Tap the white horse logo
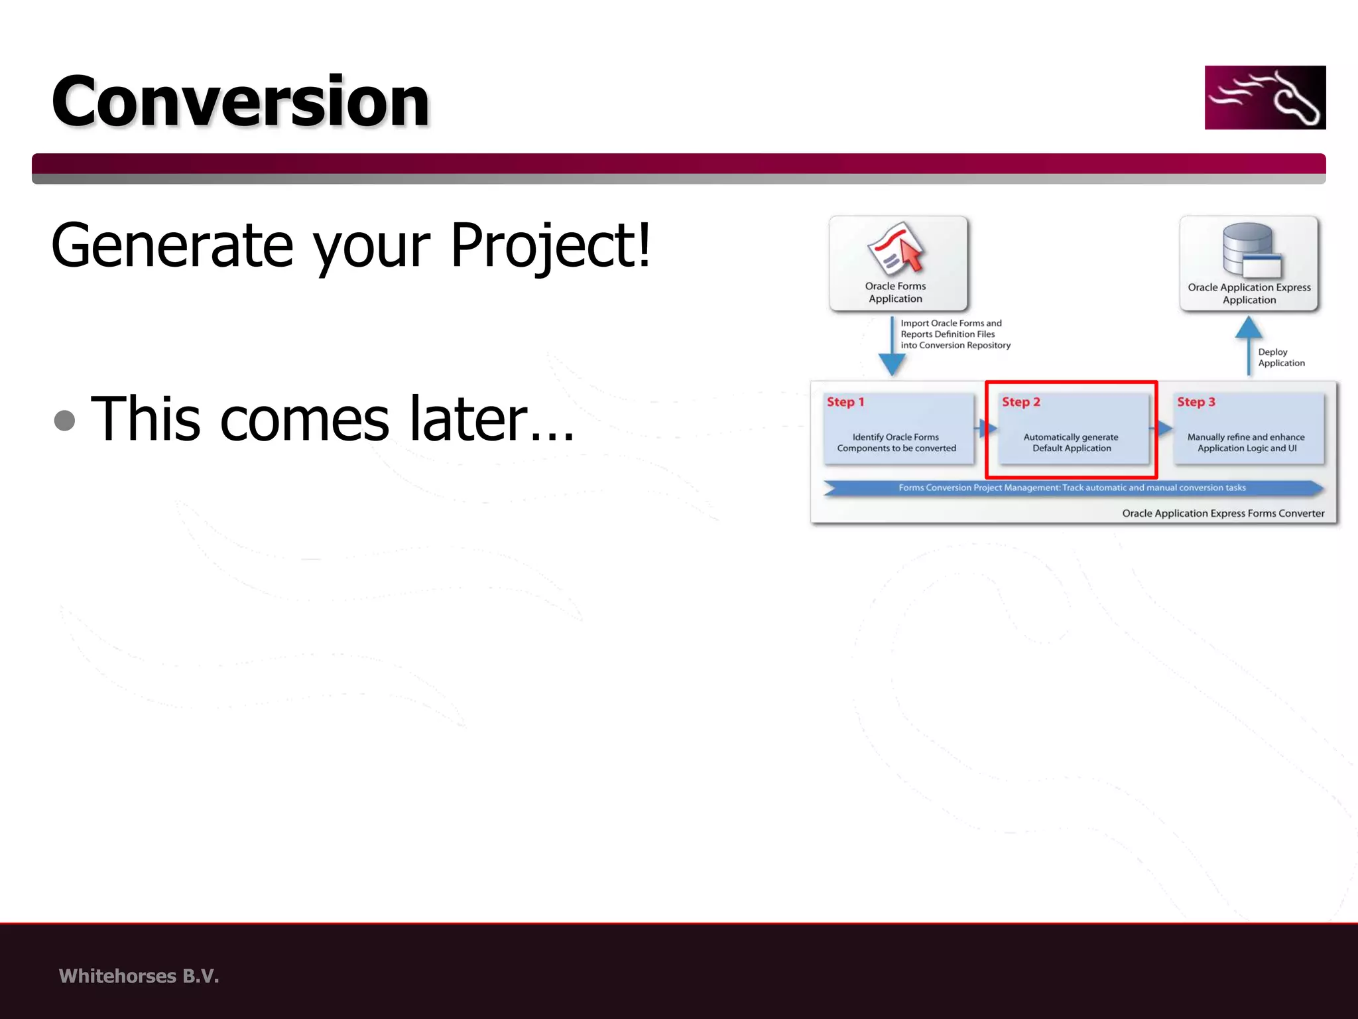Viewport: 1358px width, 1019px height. click(x=1265, y=98)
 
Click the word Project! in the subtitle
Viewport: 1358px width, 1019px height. click(x=550, y=245)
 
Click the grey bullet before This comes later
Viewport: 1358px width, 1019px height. click(x=64, y=420)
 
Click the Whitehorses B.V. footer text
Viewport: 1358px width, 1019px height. click(x=139, y=976)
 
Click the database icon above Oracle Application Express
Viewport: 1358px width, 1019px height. click(x=1250, y=250)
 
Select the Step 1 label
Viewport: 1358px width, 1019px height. click(x=845, y=402)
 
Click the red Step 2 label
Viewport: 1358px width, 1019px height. click(x=1020, y=402)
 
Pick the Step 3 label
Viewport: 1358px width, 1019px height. click(x=1196, y=402)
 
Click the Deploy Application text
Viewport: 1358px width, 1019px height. click(x=1280, y=358)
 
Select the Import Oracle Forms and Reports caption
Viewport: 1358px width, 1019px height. click(x=954, y=334)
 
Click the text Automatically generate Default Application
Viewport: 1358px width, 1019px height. click(x=1071, y=442)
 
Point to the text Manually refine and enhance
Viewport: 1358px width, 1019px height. click(x=1245, y=437)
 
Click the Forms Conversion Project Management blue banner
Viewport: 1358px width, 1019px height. click(x=1072, y=488)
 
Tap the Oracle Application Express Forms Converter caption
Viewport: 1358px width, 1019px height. click(x=1223, y=513)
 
